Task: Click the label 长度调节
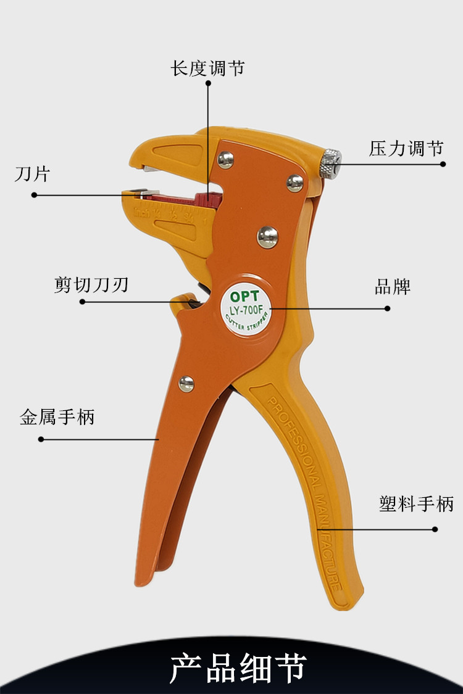pos(207,67)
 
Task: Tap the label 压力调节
pos(406,149)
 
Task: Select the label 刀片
pos(31,174)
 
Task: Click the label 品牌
pos(393,287)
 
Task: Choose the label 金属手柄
pos(57,418)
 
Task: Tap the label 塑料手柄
pos(416,504)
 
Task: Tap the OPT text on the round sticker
pos(244,296)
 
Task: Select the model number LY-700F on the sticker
pos(245,308)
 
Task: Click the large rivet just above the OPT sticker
pos(267,237)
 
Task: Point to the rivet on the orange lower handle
pos(186,384)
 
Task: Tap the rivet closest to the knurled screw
pos(295,182)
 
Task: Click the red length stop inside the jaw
pos(204,199)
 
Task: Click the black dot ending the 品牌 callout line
pos(388,308)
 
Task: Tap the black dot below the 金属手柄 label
pos(41,439)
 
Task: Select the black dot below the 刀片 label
pos(35,195)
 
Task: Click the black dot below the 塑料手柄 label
pos(435,529)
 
